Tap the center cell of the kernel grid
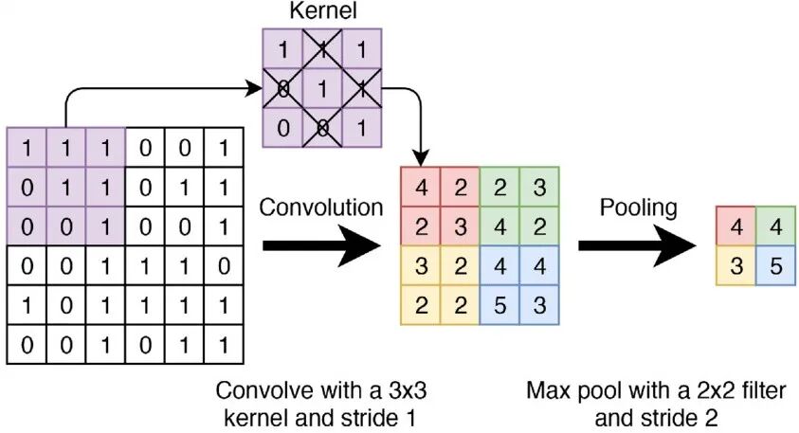(x=321, y=91)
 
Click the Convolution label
(x=322, y=207)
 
